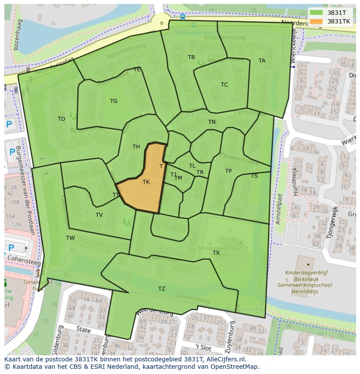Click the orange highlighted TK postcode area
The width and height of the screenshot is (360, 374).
[x=143, y=187]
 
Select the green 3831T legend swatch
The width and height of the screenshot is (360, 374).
[x=316, y=13]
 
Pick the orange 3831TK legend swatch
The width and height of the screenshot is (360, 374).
[x=316, y=21]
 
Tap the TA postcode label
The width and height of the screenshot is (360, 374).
[x=262, y=61]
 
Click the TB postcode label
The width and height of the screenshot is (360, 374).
[x=191, y=57]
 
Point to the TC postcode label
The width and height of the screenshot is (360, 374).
[x=224, y=85]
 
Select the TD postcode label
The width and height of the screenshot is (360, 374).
[x=61, y=119]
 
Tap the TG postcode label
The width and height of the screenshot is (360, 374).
[x=113, y=101]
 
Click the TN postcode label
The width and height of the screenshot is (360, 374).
[x=212, y=122]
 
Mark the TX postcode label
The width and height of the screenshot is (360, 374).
[x=216, y=253]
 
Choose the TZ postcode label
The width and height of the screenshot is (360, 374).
[x=162, y=289]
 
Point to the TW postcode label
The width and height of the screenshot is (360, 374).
[x=70, y=238]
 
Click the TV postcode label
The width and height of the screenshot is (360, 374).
[x=99, y=215]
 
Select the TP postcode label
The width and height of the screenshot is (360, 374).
[x=228, y=171]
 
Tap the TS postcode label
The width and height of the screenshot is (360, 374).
[x=254, y=176]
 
